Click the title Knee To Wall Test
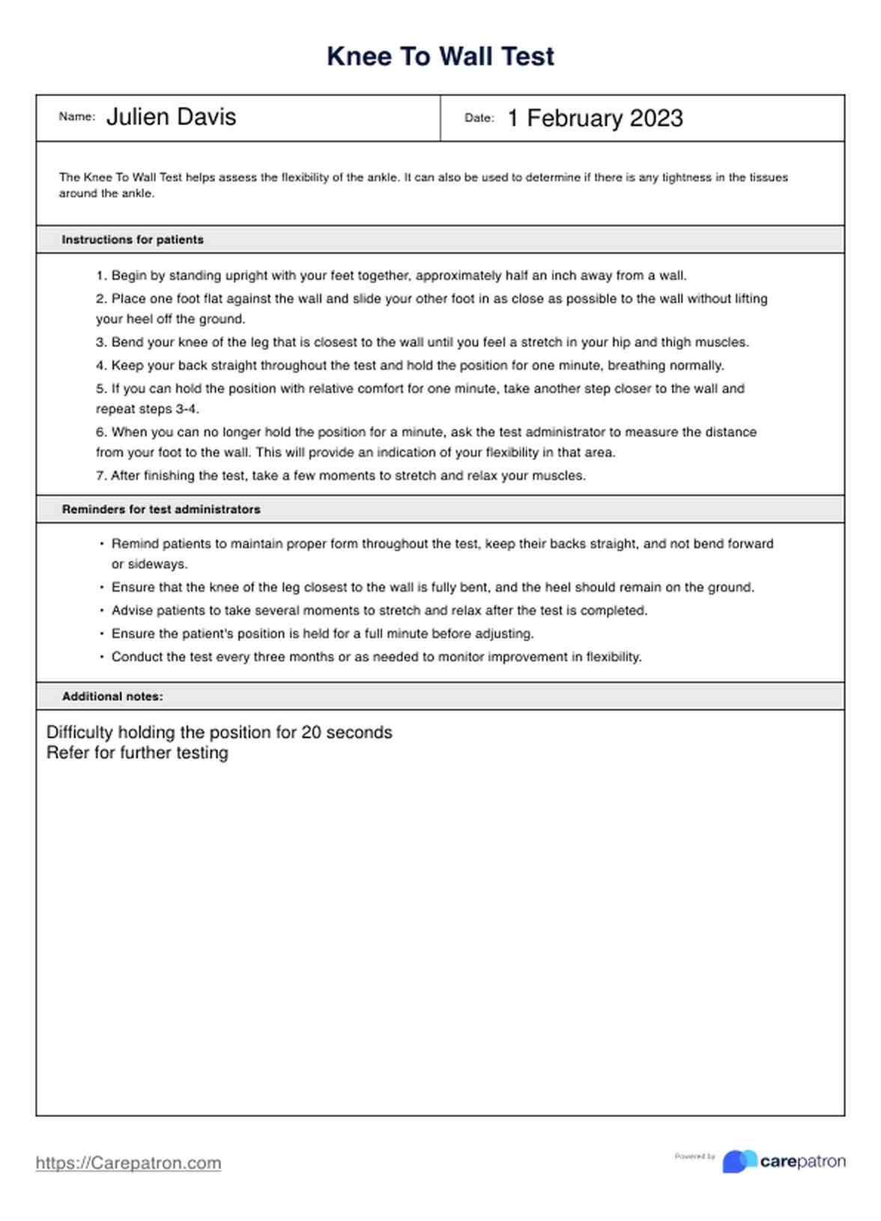pos(440,57)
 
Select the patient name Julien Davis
pos(171,117)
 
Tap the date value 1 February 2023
pos(595,118)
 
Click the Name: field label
pos(76,117)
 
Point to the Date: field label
pos(479,118)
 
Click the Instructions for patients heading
pos(133,240)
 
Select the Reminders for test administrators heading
pos(161,509)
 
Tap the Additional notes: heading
pos(112,697)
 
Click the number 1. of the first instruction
pos(102,276)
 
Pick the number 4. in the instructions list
pos(102,366)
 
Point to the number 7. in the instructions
pos(102,476)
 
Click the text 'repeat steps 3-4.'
pos(148,409)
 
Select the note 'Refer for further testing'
pos(137,753)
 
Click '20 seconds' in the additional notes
pos(347,732)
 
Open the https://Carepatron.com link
pos(128,1163)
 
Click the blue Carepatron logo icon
pos(739,1161)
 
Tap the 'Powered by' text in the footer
pos(694,1157)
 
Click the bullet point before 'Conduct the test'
pos(102,657)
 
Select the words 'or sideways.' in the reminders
pos(150,564)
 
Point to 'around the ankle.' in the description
pos(106,193)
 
